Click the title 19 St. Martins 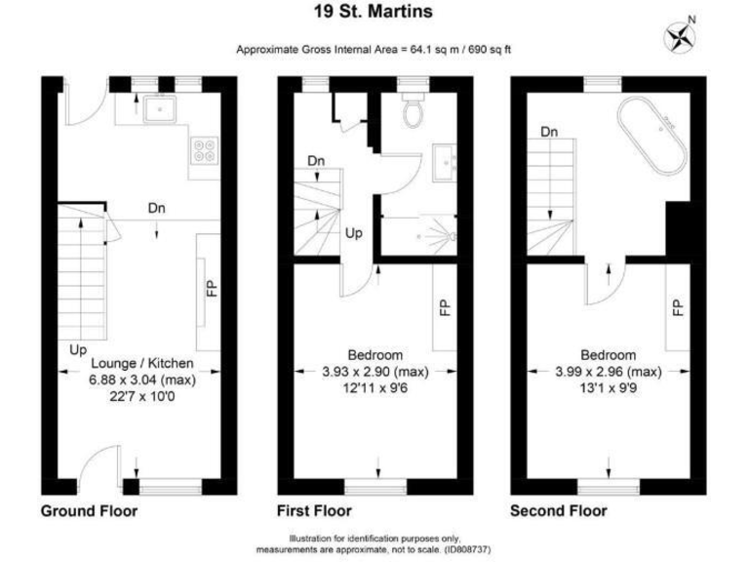[x=374, y=13]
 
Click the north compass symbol [x=680, y=37]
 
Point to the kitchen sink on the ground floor [x=156, y=109]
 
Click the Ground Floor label [x=89, y=511]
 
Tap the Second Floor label [x=559, y=511]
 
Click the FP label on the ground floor [x=212, y=289]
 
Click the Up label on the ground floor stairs [x=75, y=348]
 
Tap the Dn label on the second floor [x=550, y=132]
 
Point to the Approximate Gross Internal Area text [x=374, y=51]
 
